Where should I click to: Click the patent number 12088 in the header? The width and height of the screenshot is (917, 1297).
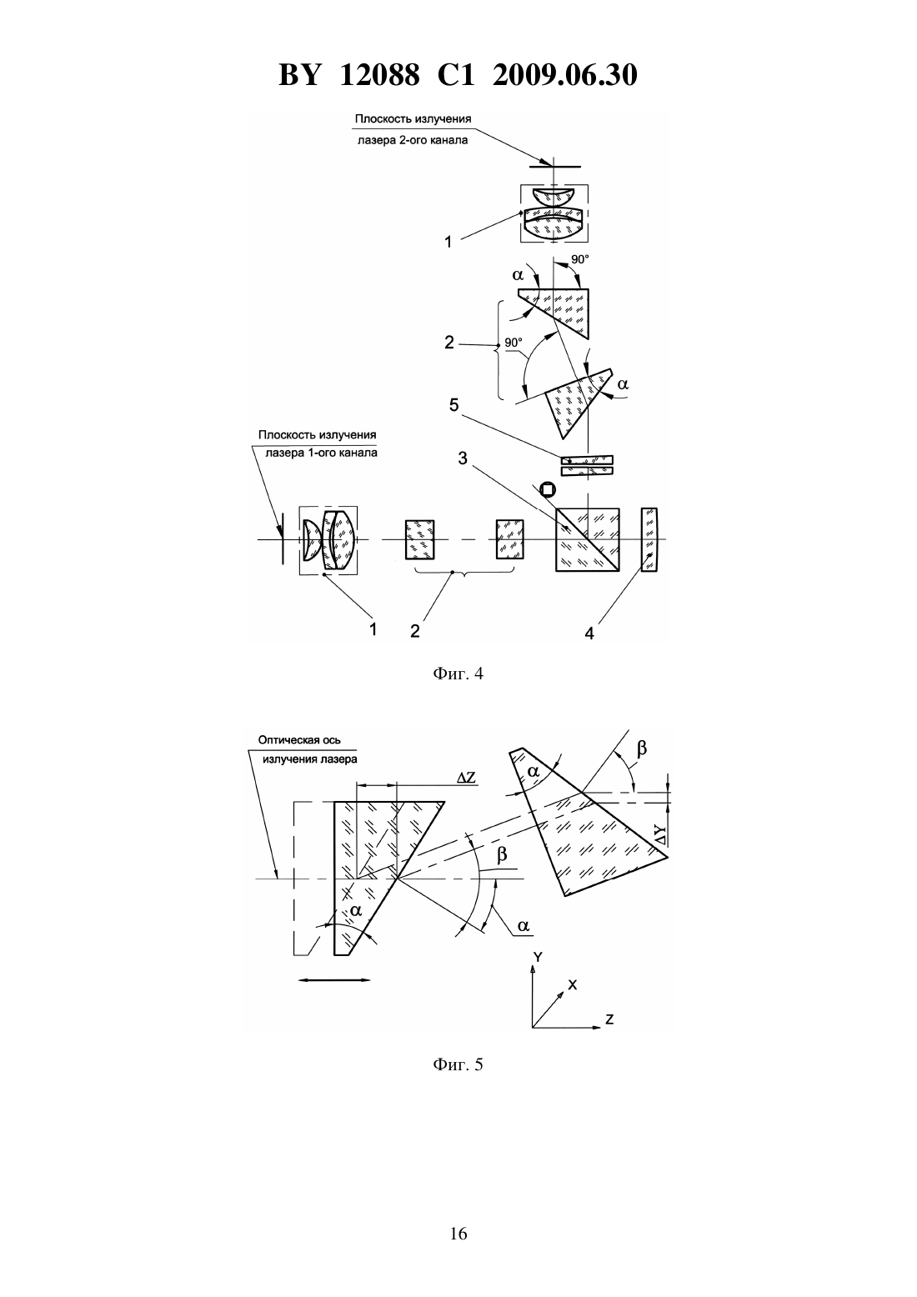pos(379,75)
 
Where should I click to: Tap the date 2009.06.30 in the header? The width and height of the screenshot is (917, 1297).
pos(565,75)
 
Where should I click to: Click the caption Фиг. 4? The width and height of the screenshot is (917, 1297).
pos(458,674)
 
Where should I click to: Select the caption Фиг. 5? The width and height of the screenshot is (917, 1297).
pos(458,1064)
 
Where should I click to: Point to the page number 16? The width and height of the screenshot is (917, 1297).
pos(458,1234)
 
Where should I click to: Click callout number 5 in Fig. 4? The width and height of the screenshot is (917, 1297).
pos(453,405)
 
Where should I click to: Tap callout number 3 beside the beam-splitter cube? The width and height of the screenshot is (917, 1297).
pos(463,458)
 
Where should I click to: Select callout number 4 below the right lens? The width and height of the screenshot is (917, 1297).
pos(589,634)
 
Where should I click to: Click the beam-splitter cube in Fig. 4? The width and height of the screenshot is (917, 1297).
pos(588,539)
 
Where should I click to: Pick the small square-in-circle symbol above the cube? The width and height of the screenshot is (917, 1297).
pos(547,490)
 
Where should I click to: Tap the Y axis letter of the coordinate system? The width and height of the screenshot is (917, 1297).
pos(538,957)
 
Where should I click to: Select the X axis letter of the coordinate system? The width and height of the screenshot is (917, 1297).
pos(573,985)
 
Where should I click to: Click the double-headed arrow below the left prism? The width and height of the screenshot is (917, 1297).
pos(334,979)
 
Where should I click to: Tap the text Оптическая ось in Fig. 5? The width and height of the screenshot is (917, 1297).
pos(299,740)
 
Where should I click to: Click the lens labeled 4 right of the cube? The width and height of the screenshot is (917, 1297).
pos(649,539)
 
